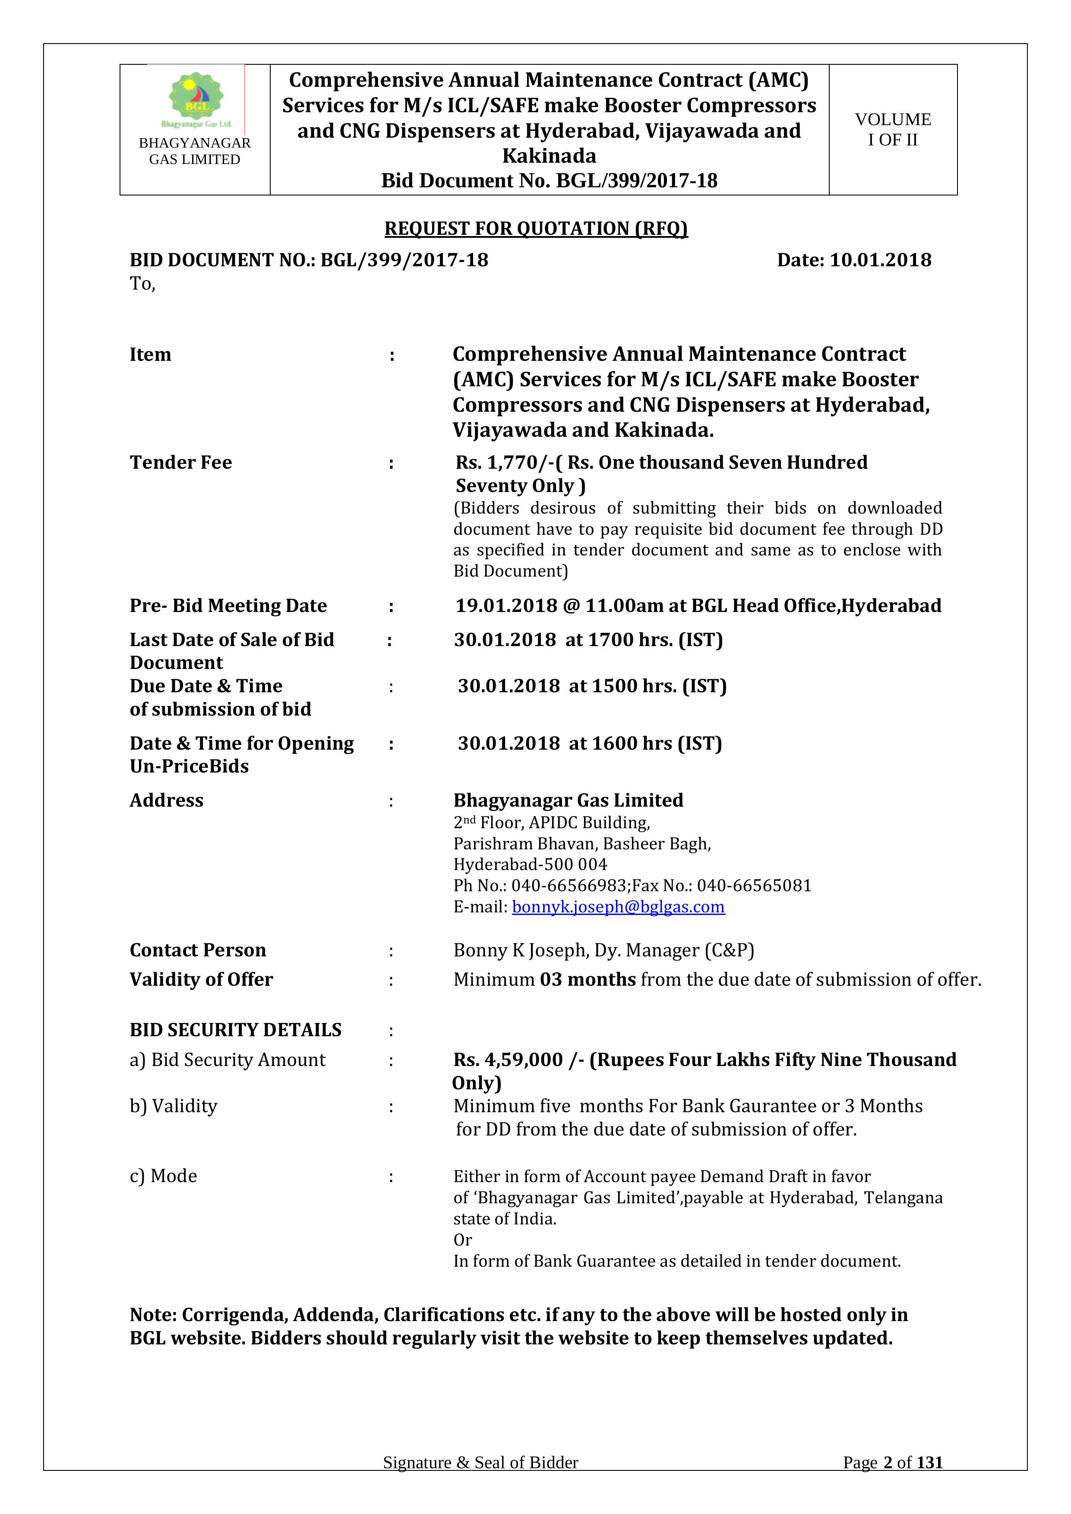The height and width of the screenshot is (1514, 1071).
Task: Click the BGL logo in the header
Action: [196, 100]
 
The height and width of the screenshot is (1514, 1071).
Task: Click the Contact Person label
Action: [197, 950]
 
